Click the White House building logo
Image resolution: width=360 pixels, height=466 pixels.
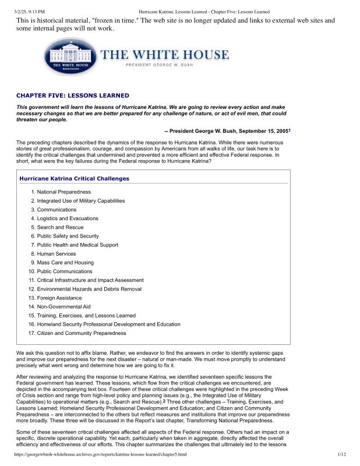pyautogui.click(x=70, y=57)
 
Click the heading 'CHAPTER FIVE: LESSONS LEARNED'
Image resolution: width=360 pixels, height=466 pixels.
pyautogui.click(x=73, y=95)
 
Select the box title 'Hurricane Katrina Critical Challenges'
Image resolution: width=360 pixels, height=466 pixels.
pyautogui.click(x=74, y=162)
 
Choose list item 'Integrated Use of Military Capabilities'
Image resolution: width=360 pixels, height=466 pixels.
pyautogui.click(x=81, y=200)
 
